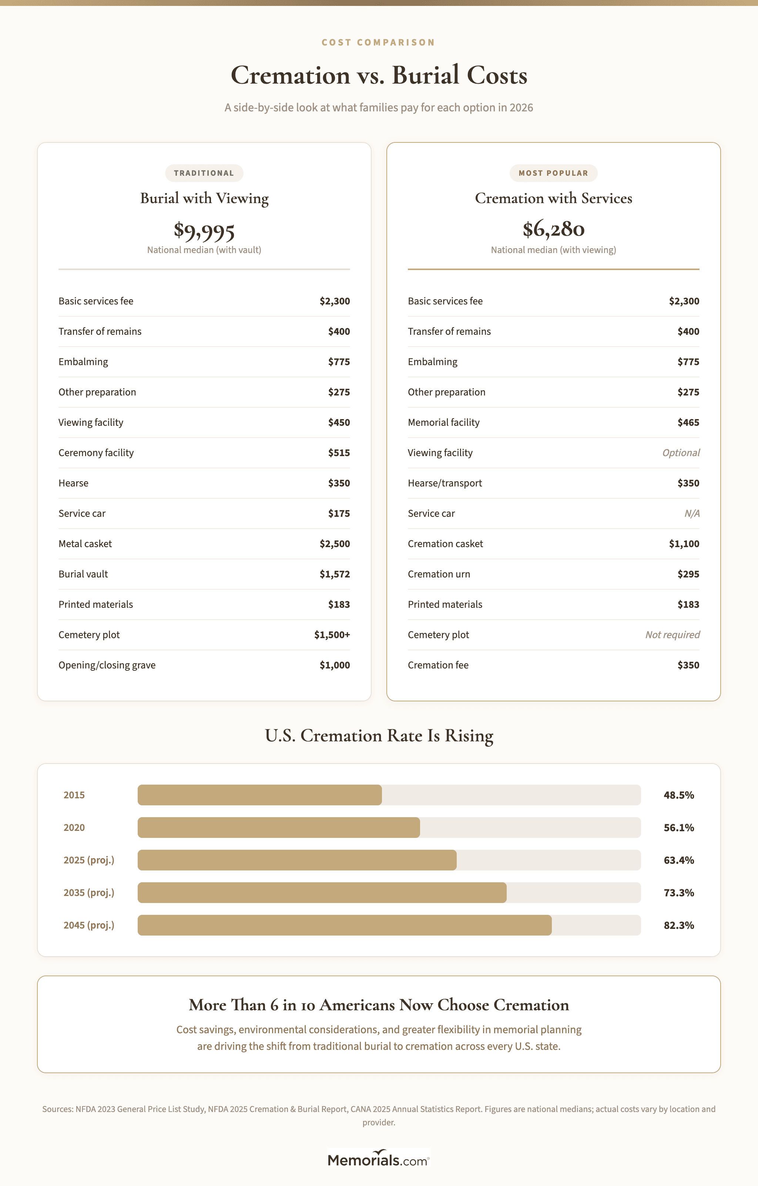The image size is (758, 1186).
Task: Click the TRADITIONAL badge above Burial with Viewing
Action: [x=204, y=173]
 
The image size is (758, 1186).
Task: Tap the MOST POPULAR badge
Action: [x=553, y=173]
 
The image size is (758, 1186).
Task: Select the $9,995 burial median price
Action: [x=204, y=230]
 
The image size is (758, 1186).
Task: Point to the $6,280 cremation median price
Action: [x=553, y=229]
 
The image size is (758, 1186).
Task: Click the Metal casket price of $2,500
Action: [x=335, y=544]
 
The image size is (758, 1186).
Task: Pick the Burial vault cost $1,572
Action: [x=335, y=574]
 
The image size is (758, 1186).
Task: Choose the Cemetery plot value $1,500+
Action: [x=332, y=635]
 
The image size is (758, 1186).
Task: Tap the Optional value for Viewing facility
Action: [x=681, y=453]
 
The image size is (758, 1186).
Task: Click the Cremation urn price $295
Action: [x=688, y=574]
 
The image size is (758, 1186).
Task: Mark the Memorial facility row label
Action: [x=443, y=422]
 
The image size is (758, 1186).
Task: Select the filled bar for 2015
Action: [x=260, y=795]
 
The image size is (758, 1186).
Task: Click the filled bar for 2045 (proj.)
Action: [x=345, y=925]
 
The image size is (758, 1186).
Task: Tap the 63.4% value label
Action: [x=679, y=860]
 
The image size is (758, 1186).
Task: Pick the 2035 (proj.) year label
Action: [x=89, y=892]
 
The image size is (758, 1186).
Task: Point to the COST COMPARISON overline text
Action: [x=379, y=42]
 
